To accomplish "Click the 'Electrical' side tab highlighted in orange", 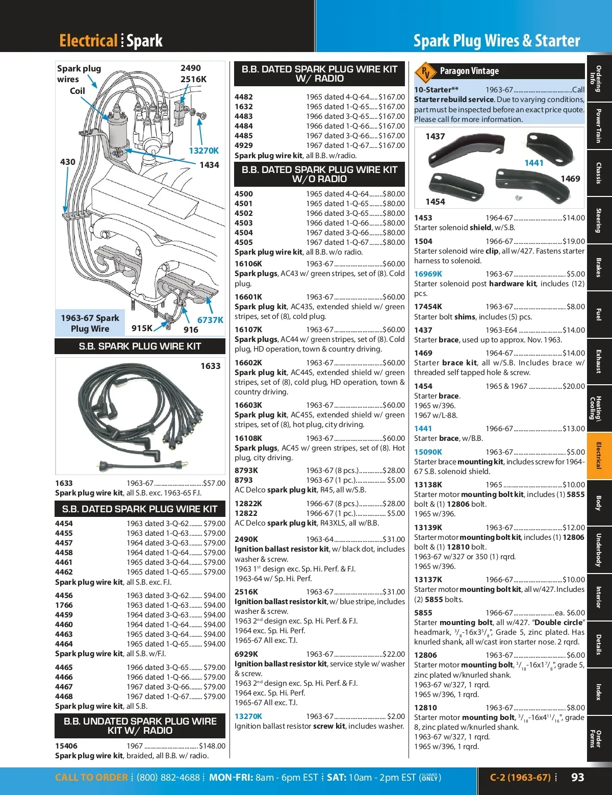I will (599, 456).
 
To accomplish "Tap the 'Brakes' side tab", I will (599, 267).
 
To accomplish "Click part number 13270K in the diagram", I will (203, 151).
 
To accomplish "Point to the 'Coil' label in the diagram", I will (78, 91).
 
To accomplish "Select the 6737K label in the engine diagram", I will (210, 320).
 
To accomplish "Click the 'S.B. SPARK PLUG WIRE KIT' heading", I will (140, 346).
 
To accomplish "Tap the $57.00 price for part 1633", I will (214, 483).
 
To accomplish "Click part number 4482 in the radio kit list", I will (244, 97).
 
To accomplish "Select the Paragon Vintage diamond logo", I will (425, 71).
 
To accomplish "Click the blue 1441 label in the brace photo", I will (534, 163).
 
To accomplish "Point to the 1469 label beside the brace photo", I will (570, 179).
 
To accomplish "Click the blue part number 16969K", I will (428, 274).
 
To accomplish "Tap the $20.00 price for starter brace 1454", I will (574, 386).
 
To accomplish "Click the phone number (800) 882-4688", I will (168, 778).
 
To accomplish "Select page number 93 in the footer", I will (578, 777).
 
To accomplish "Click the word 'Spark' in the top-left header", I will (144, 41).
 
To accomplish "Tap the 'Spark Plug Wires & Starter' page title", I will (497, 41).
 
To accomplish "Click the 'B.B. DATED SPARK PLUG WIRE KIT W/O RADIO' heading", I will (319, 175).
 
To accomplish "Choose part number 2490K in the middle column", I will (246, 539).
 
